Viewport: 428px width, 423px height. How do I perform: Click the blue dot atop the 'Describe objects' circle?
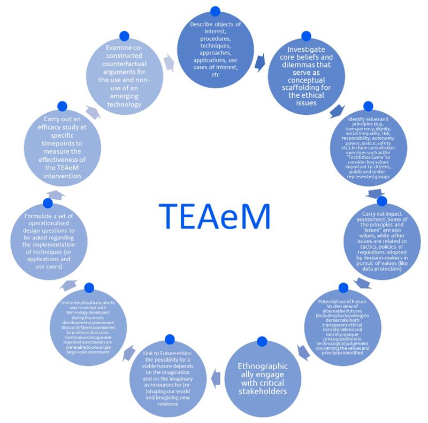216,11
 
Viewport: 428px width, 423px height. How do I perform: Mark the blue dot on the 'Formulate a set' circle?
48,203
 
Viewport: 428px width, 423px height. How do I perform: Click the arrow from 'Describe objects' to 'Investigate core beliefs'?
261,63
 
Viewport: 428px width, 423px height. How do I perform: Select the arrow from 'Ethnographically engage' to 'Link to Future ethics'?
216,377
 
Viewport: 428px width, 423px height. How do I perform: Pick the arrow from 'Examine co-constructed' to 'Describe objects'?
169,63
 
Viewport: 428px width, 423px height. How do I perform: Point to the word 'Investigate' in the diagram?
305,53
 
